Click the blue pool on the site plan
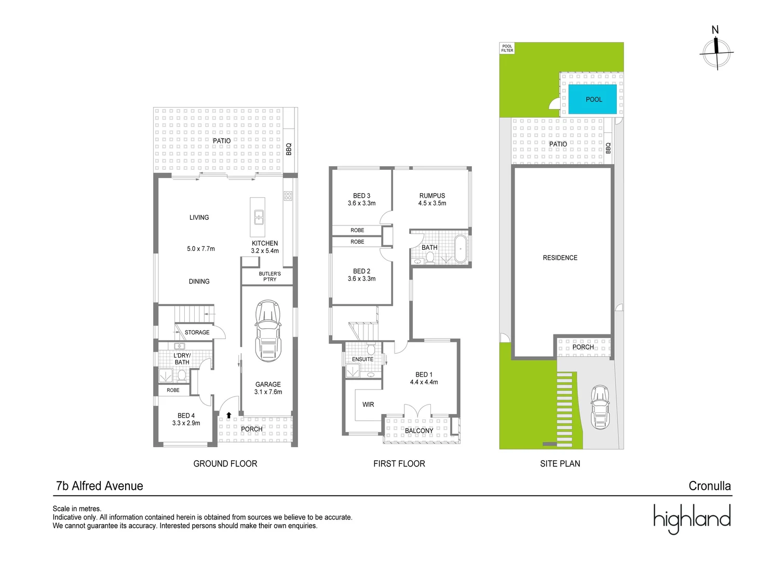[x=593, y=99]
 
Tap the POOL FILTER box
[x=507, y=48]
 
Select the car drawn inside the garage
[x=268, y=329]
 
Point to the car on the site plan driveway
[x=600, y=407]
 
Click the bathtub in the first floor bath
[x=461, y=249]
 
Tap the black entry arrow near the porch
[x=228, y=415]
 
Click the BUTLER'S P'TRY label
[x=269, y=276]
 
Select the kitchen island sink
[x=258, y=216]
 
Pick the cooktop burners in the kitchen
[x=288, y=196]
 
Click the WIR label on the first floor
[x=368, y=404]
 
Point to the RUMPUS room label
[x=432, y=196]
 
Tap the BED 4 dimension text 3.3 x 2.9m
[x=186, y=423]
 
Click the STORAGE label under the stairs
[x=197, y=332]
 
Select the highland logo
[x=692, y=518]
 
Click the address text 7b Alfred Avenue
[x=99, y=486]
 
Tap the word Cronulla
[x=709, y=486]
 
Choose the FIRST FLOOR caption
[x=399, y=463]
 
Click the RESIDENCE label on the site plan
[x=560, y=258]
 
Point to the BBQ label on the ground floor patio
[x=289, y=149]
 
